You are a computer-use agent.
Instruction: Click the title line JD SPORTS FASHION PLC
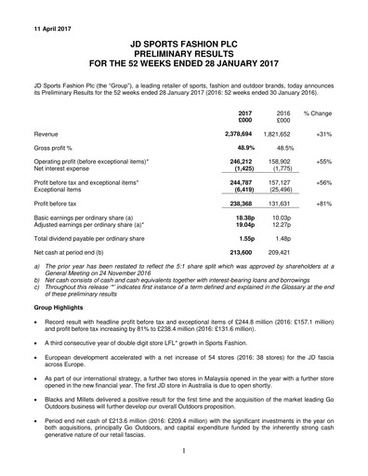coord(184,43)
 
